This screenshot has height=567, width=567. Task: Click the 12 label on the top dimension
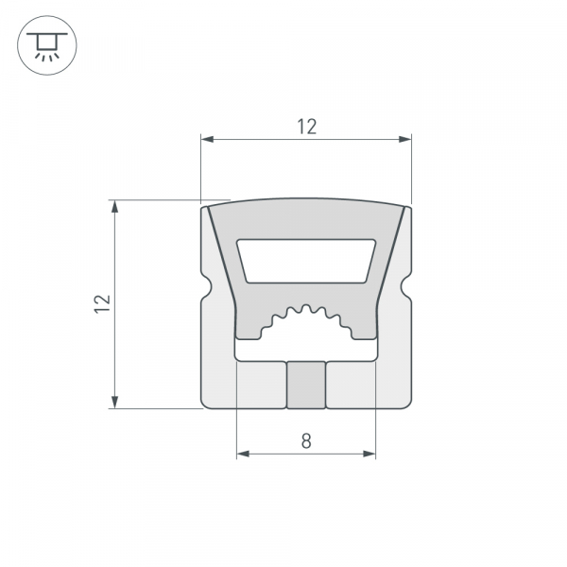click(305, 126)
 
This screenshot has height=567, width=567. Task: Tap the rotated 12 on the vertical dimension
click(103, 303)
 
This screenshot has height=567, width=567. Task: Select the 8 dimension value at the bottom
click(305, 439)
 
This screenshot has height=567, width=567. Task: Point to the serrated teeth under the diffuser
click(306, 316)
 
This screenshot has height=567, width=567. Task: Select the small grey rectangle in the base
click(306, 385)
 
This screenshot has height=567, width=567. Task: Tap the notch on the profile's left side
click(205, 283)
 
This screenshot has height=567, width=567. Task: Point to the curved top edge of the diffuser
click(306, 200)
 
